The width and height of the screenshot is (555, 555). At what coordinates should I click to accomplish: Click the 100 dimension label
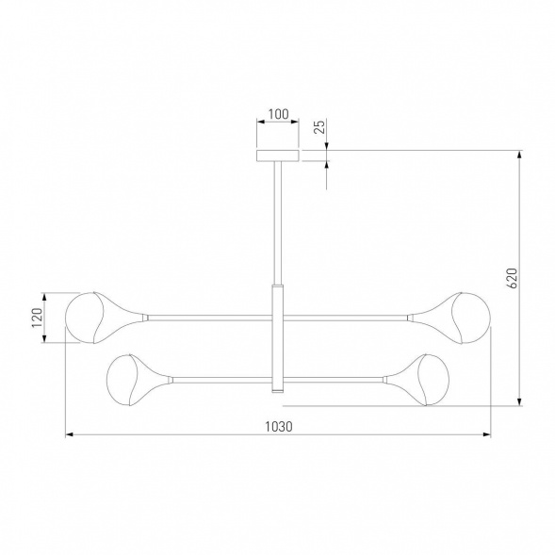(x=278, y=114)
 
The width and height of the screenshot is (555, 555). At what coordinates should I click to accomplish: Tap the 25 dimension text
(x=319, y=126)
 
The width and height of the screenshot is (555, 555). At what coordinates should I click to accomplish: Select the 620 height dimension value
(x=513, y=278)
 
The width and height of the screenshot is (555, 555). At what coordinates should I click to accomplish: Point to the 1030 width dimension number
(x=279, y=427)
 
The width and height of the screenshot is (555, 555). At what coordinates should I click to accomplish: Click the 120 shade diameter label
(x=37, y=318)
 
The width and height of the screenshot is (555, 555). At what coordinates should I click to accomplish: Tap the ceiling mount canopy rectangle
(x=278, y=155)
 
